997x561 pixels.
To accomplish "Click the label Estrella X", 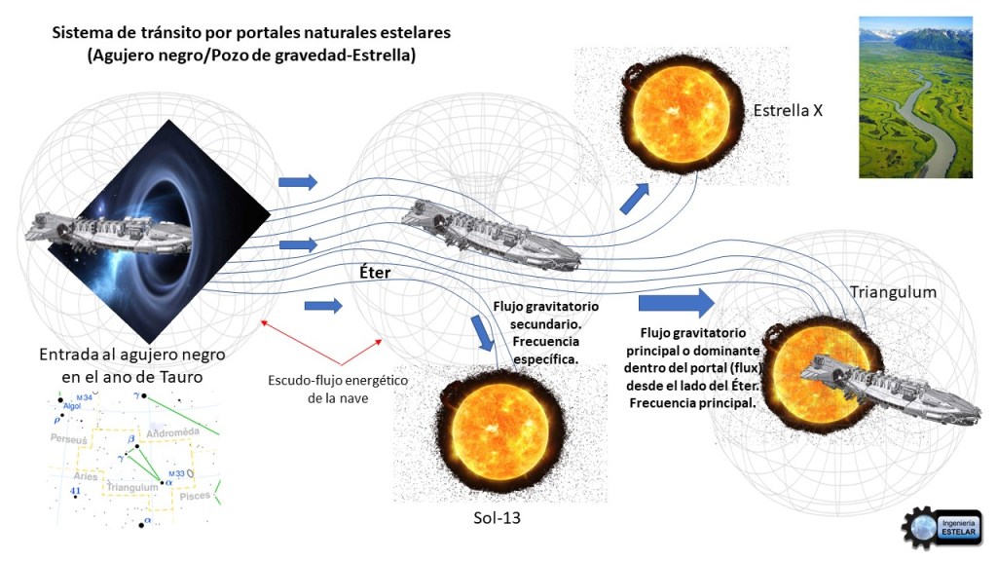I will tap(788, 110).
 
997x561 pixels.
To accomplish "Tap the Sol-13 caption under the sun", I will tap(496, 517).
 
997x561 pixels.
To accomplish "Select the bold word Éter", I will tap(374, 273).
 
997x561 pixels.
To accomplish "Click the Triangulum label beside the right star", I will tap(892, 292).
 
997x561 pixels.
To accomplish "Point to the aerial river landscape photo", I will tap(915, 97).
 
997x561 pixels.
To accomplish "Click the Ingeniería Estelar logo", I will tap(940, 531).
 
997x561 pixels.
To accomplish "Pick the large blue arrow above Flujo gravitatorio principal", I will tap(676, 302).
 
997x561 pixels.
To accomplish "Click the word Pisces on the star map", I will tap(193, 496).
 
